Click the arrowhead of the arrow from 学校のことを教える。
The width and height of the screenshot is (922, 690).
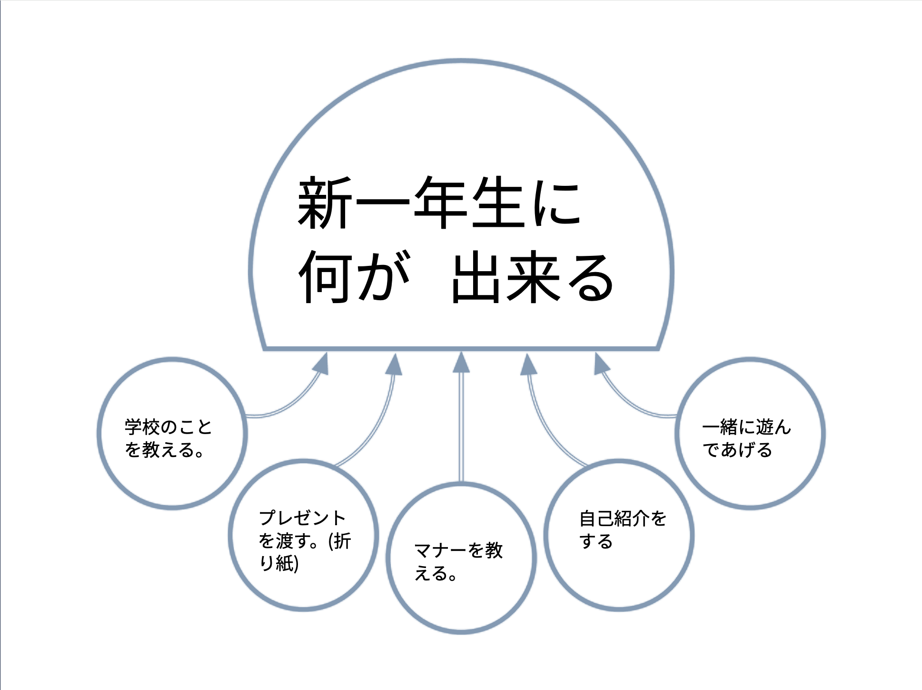tap(321, 365)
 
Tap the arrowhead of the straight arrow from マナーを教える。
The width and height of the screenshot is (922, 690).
tap(461, 363)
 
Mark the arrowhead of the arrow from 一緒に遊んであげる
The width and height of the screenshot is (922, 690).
tap(601, 365)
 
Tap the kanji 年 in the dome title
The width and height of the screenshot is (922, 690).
tap(441, 203)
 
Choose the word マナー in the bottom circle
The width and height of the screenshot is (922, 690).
tap(440, 551)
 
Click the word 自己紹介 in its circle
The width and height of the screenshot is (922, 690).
tap(614, 518)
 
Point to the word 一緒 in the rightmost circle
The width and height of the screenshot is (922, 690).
tap(720, 427)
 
